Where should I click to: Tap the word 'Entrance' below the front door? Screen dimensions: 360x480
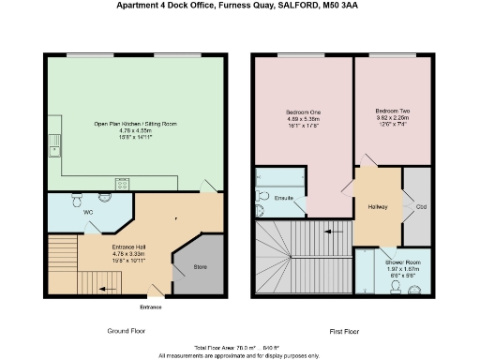tap(150, 307)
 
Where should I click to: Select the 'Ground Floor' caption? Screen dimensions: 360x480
tap(125, 331)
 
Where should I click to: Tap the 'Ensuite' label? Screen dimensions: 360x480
tap(283, 198)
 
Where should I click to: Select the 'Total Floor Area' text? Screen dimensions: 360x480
tap(216, 348)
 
